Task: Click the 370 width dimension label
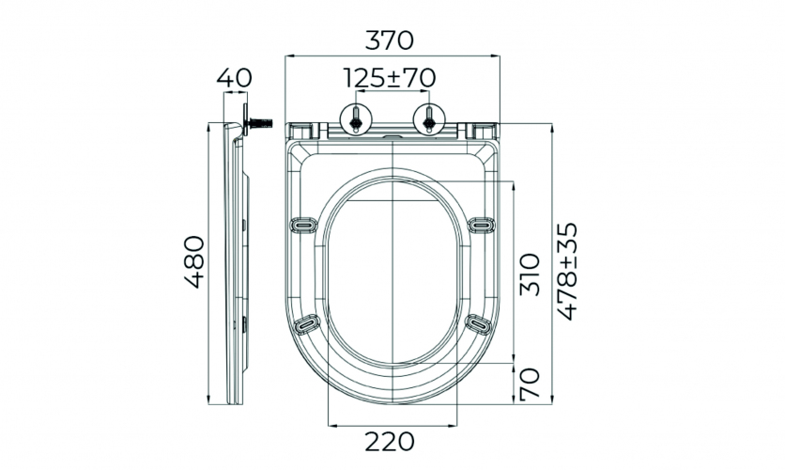click(x=390, y=40)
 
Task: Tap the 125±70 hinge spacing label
click(x=390, y=78)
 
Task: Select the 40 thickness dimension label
click(x=235, y=78)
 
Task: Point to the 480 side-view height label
click(x=194, y=261)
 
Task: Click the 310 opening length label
click(x=530, y=274)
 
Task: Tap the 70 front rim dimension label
click(x=530, y=384)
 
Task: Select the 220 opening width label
click(x=390, y=442)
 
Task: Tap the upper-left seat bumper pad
click(x=304, y=225)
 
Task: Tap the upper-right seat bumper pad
click(x=481, y=225)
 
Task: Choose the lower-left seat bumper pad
click(x=306, y=323)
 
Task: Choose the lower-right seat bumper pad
click(x=479, y=323)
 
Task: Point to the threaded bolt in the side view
click(x=260, y=122)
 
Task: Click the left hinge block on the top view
click(x=302, y=131)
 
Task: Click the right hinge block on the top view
click(x=483, y=131)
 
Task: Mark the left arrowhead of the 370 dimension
click(x=288, y=55)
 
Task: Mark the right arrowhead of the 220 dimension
click(x=454, y=426)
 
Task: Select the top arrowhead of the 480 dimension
click(x=208, y=126)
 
